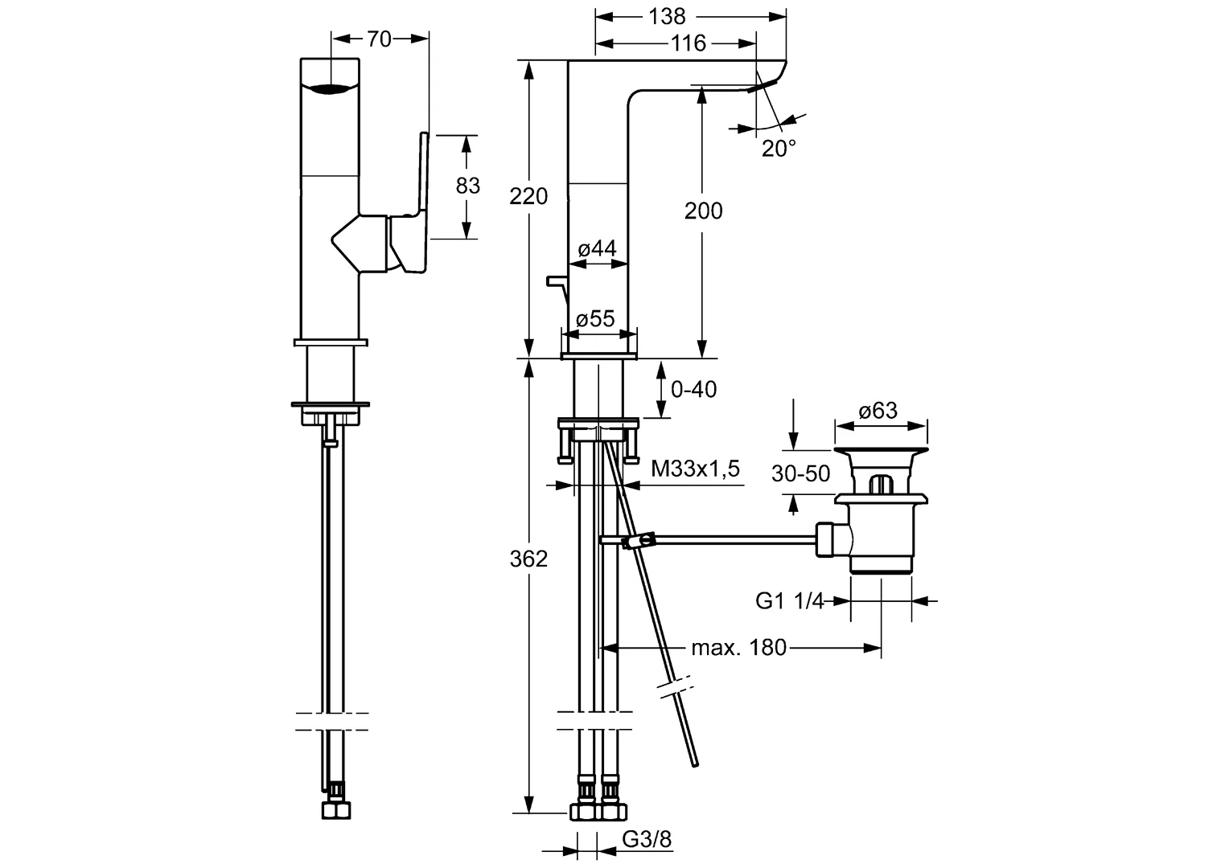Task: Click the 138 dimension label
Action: point(667,16)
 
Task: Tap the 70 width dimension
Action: point(379,39)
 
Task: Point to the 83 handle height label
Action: point(467,186)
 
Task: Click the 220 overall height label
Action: point(528,195)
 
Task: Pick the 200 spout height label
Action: point(703,211)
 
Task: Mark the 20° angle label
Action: point(779,148)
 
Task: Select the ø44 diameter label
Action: point(597,248)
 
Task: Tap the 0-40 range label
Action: point(693,390)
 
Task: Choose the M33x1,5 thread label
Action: point(695,469)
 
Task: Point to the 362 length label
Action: point(528,559)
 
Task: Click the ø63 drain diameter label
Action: point(878,411)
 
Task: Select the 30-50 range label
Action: point(800,474)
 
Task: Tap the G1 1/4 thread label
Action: point(790,600)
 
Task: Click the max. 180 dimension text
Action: point(738,647)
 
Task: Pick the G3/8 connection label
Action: point(647,840)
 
